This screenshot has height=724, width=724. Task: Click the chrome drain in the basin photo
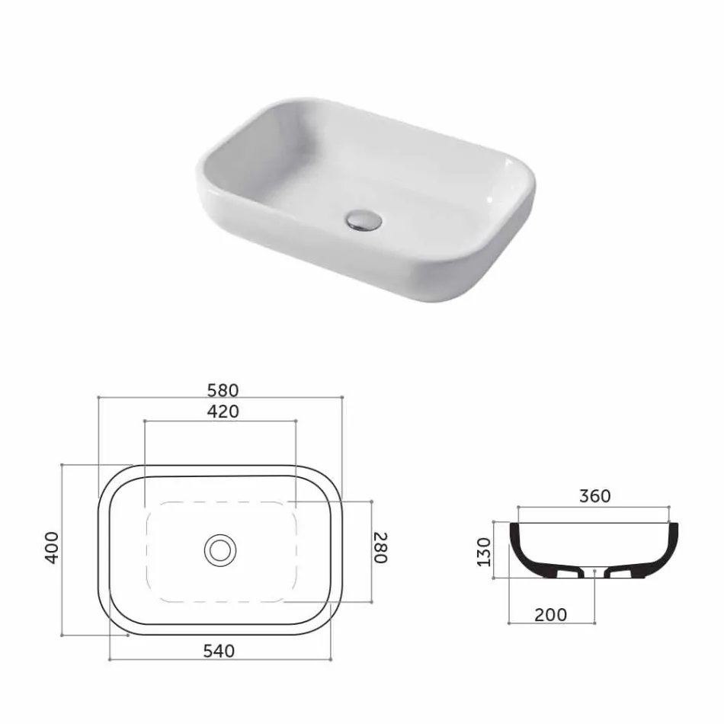click(x=363, y=220)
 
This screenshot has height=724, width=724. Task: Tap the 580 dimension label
click(x=223, y=389)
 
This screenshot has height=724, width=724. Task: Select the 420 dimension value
click(x=223, y=412)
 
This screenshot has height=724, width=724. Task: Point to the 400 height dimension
click(x=52, y=547)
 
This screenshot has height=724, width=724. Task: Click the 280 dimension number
click(x=380, y=548)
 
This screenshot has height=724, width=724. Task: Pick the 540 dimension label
click(x=219, y=651)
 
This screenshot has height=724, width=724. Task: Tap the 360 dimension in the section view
click(x=594, y=496)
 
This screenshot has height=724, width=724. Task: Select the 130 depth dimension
click(x=483, y=549)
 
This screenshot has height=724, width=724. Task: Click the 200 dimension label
click(x=550, y=614)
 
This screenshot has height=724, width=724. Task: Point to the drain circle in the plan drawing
click(x=220, y=549)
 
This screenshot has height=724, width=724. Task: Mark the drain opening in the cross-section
click(x=594, y=570)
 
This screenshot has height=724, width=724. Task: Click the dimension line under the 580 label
click(x=220, y=398)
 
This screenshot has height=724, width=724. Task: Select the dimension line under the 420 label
click(x=220, y=420)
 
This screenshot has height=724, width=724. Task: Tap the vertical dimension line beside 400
click(x=62, y=549)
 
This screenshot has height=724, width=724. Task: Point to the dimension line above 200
click(x=550, y=623)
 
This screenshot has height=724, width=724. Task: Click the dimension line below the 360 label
click(x=594, y=506)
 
